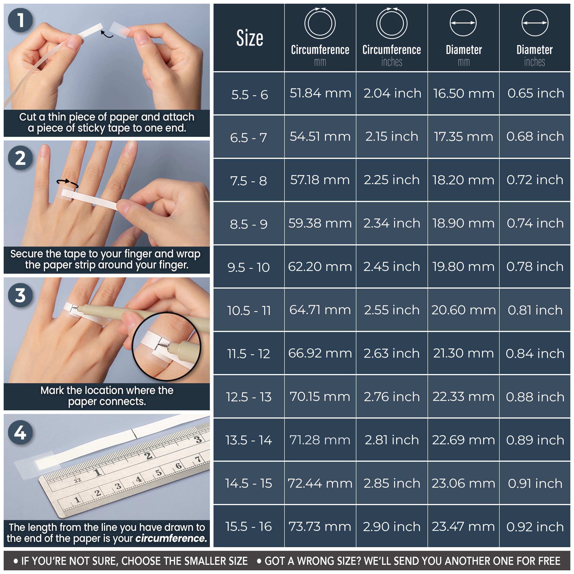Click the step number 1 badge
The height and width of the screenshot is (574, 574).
click(x=20, y=20)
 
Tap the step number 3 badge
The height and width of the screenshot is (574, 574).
click(x=20, y=295)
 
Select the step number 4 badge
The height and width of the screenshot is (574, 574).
click(x=20, y=432)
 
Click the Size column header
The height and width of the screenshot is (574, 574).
click(x=250, y=38)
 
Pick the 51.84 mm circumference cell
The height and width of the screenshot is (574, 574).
click(x=320, y=93)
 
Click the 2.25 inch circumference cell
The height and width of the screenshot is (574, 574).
click(x=391, y=180)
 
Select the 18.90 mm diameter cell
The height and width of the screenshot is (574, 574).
click(x=463, y=223)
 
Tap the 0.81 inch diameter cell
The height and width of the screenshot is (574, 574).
click(x=535, y=310)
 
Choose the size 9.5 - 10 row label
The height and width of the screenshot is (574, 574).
click(x=249, y=267)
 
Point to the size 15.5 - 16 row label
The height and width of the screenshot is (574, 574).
click(x=249, y=526)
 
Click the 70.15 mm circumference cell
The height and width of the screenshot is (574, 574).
click(x=320, y=397)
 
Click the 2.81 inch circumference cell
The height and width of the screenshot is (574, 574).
click(x=391, y=440)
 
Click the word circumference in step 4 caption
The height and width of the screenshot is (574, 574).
click(x=171, y=538)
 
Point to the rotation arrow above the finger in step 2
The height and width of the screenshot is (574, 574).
click(x=68, y=183)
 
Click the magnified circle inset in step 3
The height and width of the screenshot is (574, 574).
click(x=166, y=346)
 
